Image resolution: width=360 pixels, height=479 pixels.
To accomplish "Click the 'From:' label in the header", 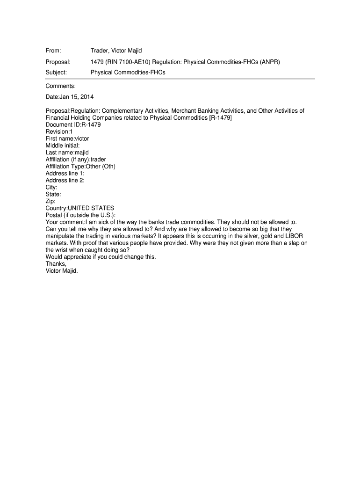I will click(x=53, y=51).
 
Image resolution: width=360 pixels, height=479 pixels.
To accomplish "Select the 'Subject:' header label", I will click(x=56, y=73).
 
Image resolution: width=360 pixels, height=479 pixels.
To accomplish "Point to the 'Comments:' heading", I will click(x=60, y=86).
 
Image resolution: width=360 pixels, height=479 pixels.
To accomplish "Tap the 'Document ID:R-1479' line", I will click(x=73, y=125).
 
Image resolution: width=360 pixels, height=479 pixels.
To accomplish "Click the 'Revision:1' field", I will click(x=59, y=132).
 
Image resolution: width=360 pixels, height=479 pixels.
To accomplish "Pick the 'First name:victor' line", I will click(x=67, y=138).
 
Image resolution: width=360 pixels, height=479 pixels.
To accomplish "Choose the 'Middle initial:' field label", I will click(x=63, y=145).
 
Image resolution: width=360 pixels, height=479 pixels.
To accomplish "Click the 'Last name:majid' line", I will click(x=67, y=152).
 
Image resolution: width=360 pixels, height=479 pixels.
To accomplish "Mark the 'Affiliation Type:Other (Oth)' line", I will click(x=80, y=167).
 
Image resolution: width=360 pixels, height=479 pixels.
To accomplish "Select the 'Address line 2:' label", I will click(x=65, y=180).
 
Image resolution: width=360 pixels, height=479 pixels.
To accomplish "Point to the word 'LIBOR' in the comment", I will click(x=293, y=236).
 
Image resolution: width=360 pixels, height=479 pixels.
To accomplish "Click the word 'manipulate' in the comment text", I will click(x=61, y=236).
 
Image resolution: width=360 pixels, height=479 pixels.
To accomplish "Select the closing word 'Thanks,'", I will click(x=56, y=263).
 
